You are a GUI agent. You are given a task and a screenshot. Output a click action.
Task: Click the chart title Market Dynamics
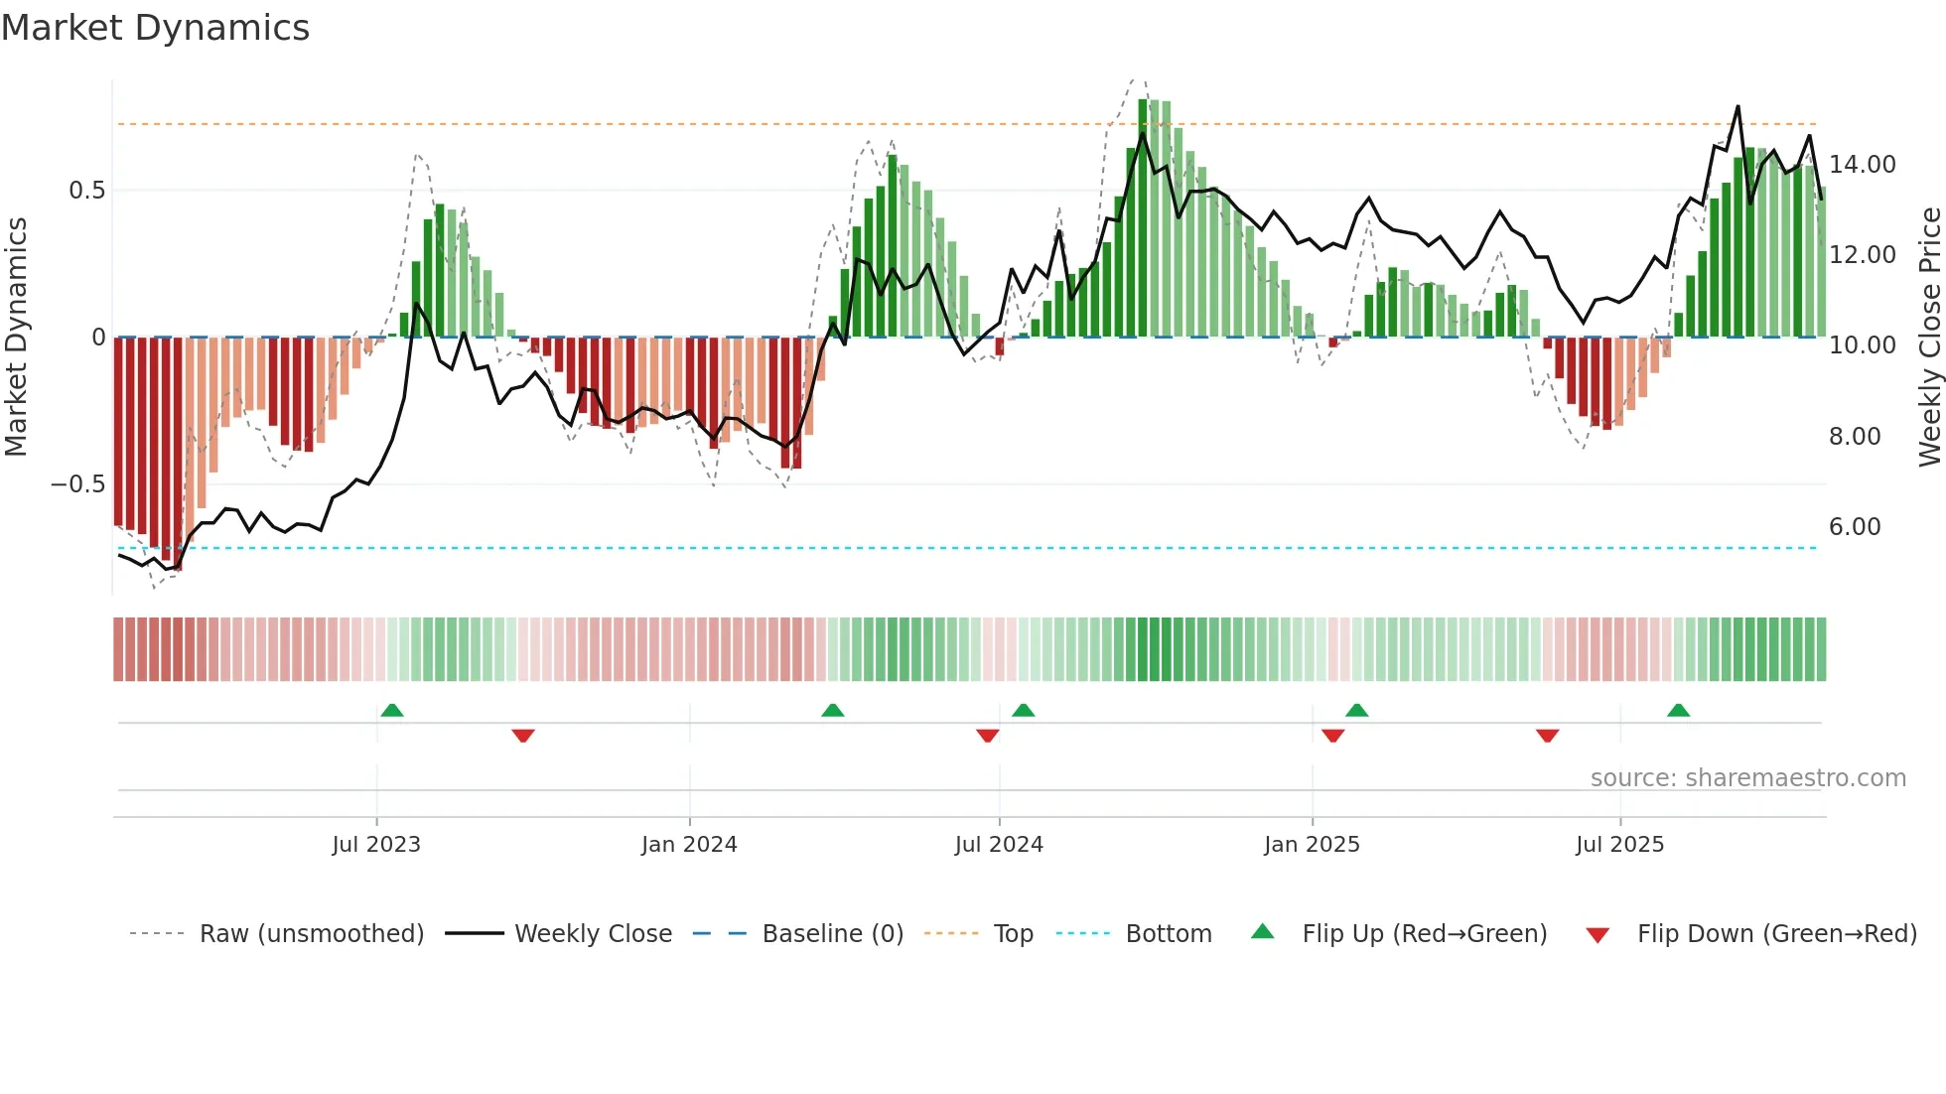(x=155, y=28)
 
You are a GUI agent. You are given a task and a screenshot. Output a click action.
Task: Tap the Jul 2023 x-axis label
(x=376, y=845)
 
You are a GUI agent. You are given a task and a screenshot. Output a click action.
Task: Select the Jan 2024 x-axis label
(x=689, y=845)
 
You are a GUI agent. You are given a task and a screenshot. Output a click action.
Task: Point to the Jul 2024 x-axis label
(x=999, y=845)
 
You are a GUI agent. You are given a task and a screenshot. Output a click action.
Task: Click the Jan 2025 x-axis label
(x=1312, y=845)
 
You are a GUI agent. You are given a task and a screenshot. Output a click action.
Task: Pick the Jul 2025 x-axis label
(x=1619, y=845)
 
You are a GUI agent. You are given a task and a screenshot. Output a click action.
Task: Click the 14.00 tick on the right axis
(x=1862, y=165)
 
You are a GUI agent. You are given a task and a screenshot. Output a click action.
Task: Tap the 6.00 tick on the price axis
(x=1854, y=527)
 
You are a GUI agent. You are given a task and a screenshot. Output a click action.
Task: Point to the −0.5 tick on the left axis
(x=77, y=484)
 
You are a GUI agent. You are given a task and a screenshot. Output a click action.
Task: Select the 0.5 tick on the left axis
(x=86, y=191)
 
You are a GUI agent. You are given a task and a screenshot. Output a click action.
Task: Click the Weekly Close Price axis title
(x=1929, y=337)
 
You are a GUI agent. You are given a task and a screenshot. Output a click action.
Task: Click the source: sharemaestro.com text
(x=1747, y=778)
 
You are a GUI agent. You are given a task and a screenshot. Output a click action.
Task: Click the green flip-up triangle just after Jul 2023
(x=392, y=711)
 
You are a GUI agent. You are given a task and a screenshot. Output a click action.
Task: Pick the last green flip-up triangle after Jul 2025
(x=1678, y=711)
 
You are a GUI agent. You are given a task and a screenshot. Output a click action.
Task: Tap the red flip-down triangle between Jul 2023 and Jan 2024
(x=523, y=736)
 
